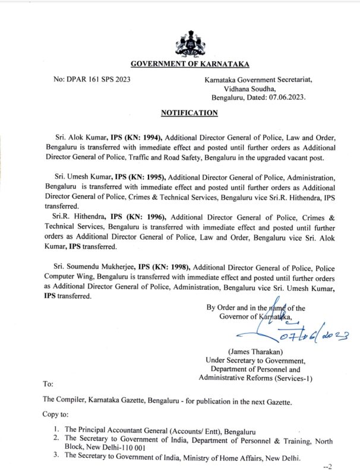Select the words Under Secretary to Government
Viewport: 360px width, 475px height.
[255, 360]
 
